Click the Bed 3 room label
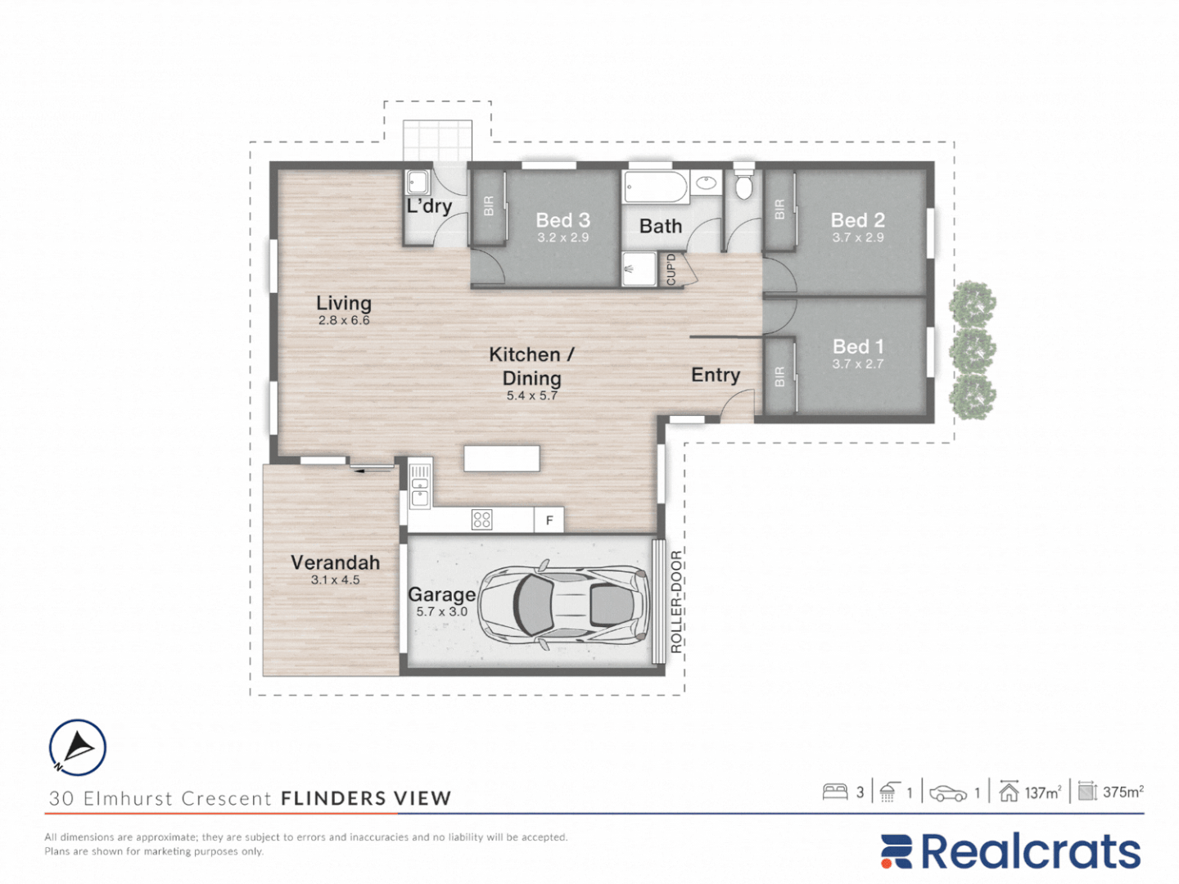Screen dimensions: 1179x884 coord(563,220)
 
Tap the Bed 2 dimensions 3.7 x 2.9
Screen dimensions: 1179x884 coord(858,237)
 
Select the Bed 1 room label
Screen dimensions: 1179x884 coord(858,347)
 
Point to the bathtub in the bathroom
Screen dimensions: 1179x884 coord(656,187)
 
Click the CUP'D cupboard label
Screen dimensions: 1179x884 coord(671,269)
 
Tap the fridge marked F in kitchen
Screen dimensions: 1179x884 coord(549,520)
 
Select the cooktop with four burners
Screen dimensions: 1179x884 coord(481,520)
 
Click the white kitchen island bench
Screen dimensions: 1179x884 coord(502,459)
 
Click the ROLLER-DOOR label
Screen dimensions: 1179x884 coord(676,602)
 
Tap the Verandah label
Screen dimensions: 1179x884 coord(335,562)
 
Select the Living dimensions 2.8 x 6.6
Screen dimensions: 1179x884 coord(344,320)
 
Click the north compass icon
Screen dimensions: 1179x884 coord(78,747)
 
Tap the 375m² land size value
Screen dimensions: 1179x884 coord(1123,792)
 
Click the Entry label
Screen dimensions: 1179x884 coord(716,375)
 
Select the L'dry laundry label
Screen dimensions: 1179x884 coord(429,206)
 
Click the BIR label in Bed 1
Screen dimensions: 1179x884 coord(779,377)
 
